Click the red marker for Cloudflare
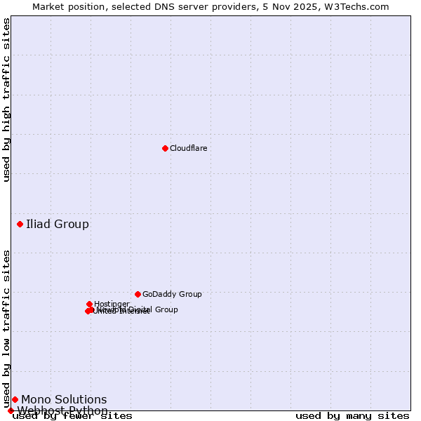click(x=165, y=148)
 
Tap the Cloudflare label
click(x=188, y=148)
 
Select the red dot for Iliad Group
click(x=20, y=224)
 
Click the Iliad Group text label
click(x=58, y=225)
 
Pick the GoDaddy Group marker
click(x=138, y=294)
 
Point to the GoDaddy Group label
click(x=172, y=294)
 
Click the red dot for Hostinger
click(x=90, y=304)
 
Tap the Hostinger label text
click(x=112, y=304)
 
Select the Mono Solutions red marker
click(x=15, y=399)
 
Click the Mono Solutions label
click(x=64, y=400)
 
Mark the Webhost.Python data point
click(x=11, y=410)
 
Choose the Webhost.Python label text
click(x=62, y=410)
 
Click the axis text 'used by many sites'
click(x=352, y=415)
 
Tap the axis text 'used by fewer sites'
click(x=72, y=415)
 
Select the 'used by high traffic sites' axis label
click(x=6, y=100)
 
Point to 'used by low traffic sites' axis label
click(x=6, y=328)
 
